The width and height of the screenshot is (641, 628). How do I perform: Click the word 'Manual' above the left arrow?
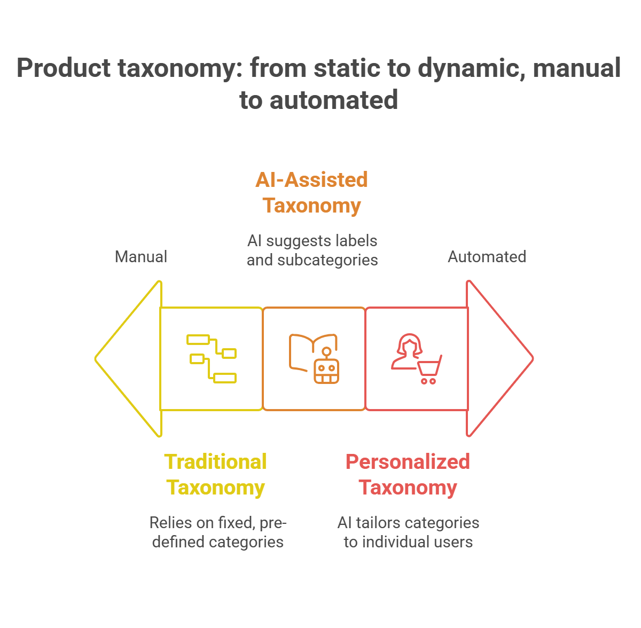tap(141, 257)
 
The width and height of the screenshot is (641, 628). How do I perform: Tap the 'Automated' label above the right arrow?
tap(487, 257)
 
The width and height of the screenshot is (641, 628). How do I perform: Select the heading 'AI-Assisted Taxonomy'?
tap(312, 192)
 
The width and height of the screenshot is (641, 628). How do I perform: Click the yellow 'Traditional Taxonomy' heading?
tap(215, 474)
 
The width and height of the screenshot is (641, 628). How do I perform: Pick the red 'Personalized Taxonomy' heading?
tap(408, 474)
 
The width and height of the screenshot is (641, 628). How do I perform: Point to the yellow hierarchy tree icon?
tap(212, 358)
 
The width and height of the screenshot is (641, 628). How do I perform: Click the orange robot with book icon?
tap(314, 358)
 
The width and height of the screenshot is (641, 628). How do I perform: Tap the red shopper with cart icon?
tap(417, 358)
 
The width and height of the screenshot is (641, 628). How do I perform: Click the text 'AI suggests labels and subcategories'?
tap(312, 250)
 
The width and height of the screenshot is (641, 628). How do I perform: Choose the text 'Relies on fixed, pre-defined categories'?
tap(218, 532)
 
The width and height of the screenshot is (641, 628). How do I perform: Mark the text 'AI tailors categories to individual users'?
tap(408, 532)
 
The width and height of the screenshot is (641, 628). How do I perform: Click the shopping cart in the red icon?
tap(429, 370)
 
